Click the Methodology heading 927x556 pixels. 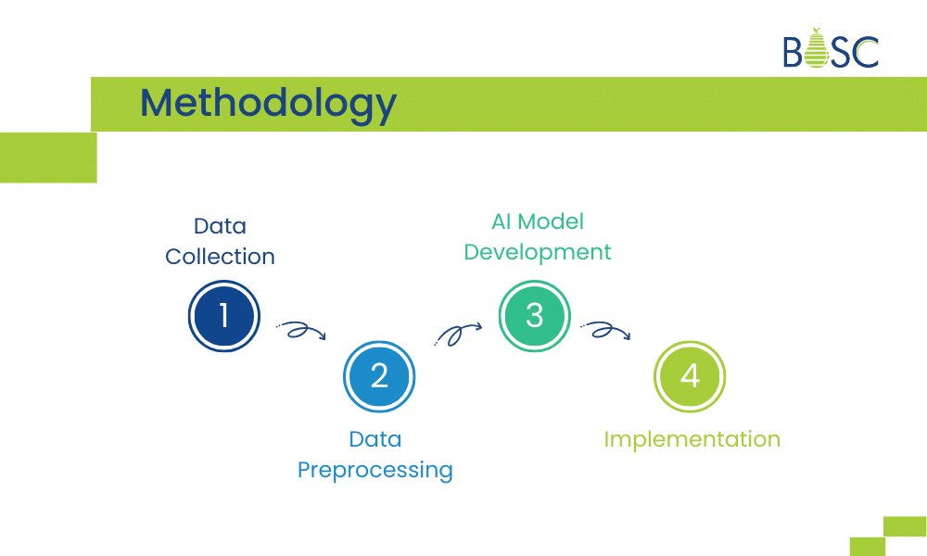coord(268,103)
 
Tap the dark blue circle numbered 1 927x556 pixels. coord(223,316)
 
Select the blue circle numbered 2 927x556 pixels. coord(379,376)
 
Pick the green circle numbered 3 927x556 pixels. coord(535,316)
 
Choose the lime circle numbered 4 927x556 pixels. coord(690,376)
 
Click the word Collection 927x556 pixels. coord(221,257)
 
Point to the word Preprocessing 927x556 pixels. coord(375,470)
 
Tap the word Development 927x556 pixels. coord(538,252)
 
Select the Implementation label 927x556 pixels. coord(692,438)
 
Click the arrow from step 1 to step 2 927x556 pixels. coord(301,331)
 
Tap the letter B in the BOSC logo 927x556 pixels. coord(794,53)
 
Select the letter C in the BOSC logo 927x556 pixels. coord(867,53)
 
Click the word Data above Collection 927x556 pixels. coord(220,226)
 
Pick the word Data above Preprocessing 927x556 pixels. coord(375,439)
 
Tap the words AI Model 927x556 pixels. coord(538,221)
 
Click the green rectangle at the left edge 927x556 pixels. coord(47,158)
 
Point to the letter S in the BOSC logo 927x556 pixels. coord(842,53)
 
